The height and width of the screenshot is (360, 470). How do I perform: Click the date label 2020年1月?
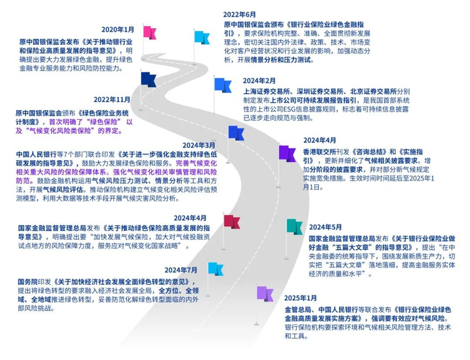(117, 30)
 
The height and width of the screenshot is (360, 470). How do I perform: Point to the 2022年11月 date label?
(112, 99)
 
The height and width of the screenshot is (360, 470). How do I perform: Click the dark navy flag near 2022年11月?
(149, 78)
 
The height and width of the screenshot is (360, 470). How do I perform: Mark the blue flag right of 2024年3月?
(236, 132)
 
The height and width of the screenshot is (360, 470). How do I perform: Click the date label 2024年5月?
(325, 227)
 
